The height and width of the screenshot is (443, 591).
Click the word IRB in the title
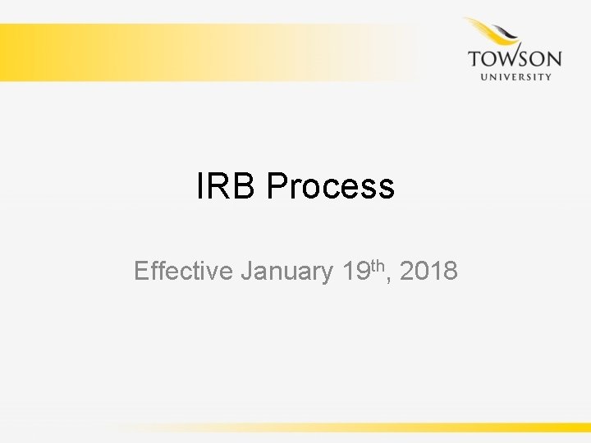click(227, 187)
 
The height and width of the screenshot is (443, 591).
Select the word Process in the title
click(330, 187)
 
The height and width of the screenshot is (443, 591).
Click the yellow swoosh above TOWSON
click(484, 29)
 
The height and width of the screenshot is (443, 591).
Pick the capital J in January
click(247, 271)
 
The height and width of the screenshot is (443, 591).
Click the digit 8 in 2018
click(451, 271)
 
